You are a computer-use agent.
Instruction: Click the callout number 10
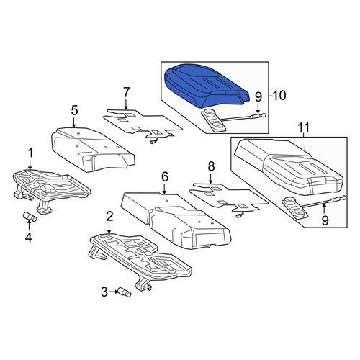(279, 96)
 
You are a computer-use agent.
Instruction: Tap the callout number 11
(304, 127)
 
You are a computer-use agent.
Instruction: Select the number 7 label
(127, 92)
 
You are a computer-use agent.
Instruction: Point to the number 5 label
(74, 111)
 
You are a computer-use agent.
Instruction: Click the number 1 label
(30, 153)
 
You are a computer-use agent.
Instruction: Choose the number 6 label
(165, 177)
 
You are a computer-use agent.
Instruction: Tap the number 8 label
(211, 166)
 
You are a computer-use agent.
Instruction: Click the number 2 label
(109, 217)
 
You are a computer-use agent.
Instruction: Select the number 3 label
(104, 292)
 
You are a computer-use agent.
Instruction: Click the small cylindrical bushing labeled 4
(30, 217)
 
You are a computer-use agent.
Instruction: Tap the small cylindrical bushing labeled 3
(124, 292)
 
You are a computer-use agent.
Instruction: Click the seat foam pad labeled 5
(92, 149)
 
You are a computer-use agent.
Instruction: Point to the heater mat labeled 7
(142, 125)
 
